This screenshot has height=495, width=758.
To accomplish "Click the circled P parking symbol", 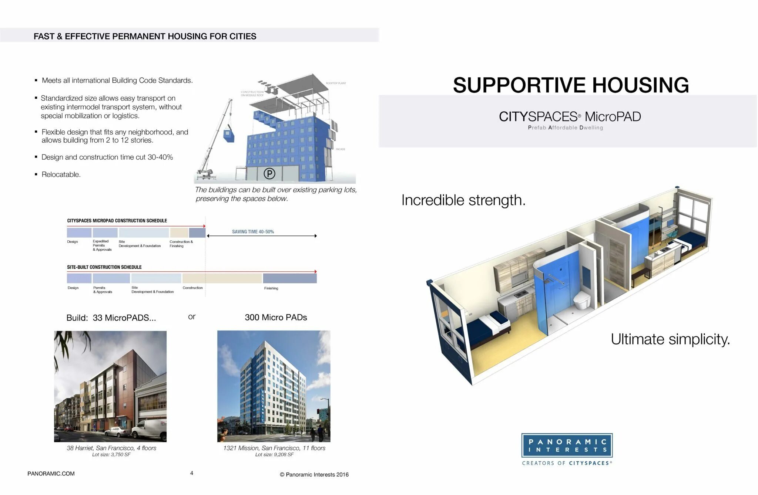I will [x=269, y=173].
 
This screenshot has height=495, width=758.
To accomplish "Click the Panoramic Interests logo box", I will [x=567, y=445].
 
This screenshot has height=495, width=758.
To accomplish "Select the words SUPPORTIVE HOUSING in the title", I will [x=570, y=85].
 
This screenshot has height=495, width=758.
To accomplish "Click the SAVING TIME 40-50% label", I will [x=253, y=232].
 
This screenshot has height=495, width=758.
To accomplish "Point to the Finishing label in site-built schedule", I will [x=271, y=288].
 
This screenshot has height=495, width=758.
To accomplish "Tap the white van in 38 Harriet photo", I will [x=150, y=428].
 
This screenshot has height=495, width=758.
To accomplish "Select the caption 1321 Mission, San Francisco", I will [x=274, y=448].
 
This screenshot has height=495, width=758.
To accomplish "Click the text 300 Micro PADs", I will [x=276, y=317].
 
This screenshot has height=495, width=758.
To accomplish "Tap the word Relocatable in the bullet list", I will [x=61, y=174].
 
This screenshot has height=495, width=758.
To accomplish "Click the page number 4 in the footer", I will [x=191, y=473].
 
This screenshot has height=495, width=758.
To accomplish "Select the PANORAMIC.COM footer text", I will [x=51, y=474].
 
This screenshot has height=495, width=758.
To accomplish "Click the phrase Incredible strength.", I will [x=463, y=200].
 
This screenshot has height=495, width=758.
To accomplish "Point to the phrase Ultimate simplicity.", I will [x=670, y=339].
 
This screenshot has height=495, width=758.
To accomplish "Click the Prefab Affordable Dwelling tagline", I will [x=565, y=128].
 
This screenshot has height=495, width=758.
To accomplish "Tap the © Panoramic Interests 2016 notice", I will [x=314, y=475].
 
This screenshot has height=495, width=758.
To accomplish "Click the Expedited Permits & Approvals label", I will [x=102, y=245].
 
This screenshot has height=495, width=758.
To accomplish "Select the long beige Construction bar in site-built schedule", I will [x=222, y=278].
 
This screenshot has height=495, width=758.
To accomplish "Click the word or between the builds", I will [x=191, y=317].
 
